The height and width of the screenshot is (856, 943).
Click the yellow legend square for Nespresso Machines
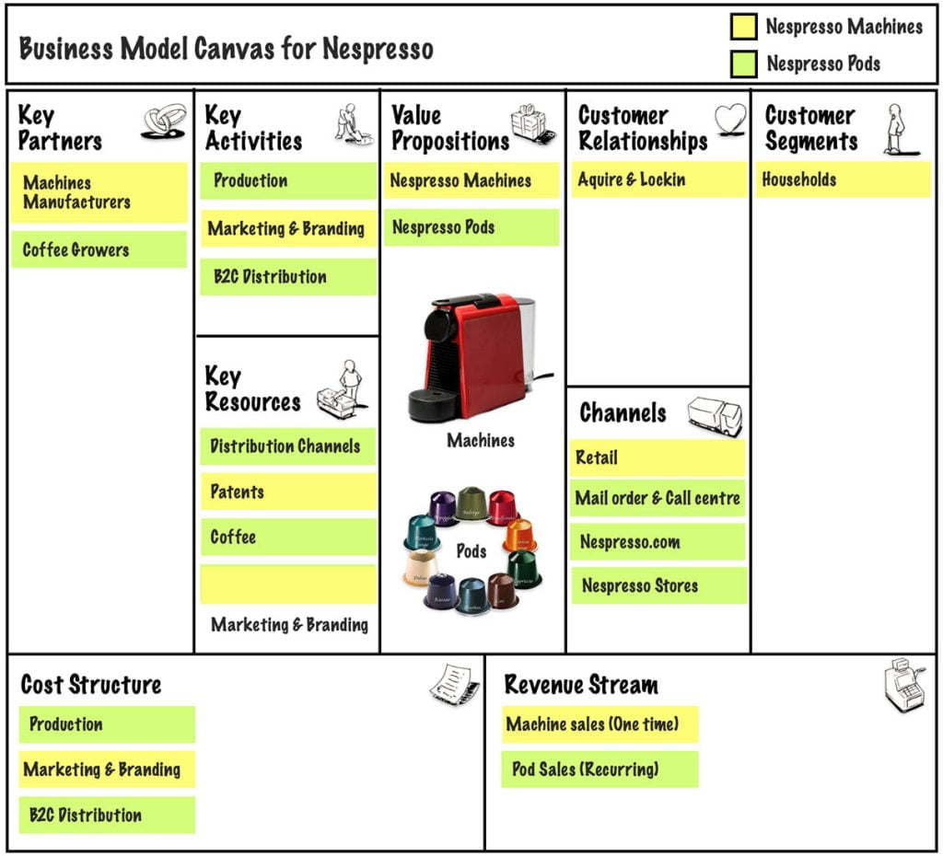click(743, 27)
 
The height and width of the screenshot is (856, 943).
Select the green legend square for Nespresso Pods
click(743, 64)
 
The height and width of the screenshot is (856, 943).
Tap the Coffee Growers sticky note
click(99, 249)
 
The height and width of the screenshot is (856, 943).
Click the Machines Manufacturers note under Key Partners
click(99, 192)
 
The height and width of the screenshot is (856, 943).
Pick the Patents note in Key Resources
click(288, 492)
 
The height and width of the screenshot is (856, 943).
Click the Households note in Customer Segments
click(844, 179)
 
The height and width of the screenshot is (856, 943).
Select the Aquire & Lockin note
click(658, 179)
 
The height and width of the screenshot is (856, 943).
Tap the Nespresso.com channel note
click(658, 542)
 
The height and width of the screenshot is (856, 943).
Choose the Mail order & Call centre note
click(658, 498)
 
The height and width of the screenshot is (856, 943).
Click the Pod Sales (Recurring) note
click(600, 769)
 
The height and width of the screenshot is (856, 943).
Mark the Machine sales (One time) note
click(600, 724)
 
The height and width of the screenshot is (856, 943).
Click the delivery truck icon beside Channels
click(715, 416)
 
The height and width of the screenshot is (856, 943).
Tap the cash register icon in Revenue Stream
click(904, 686)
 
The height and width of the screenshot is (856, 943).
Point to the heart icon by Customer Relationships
click(730, 120)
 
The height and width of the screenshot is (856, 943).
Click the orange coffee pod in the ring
click(520, 535)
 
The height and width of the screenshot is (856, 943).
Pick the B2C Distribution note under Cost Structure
click(107, 815)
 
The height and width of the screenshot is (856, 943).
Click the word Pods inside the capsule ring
click(471, 551)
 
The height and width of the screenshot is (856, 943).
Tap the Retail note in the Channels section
click(658, 457)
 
